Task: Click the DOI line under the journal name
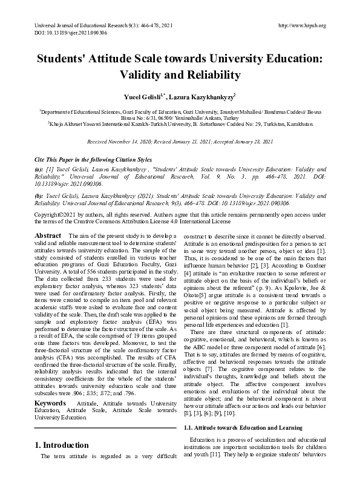(x=65, y=33)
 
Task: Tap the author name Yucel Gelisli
(x=142, y=96)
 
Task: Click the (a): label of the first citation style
(x=39, y=169)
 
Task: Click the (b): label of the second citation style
(x=39, y=197)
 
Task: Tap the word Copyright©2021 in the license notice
(x=54, y=215)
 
